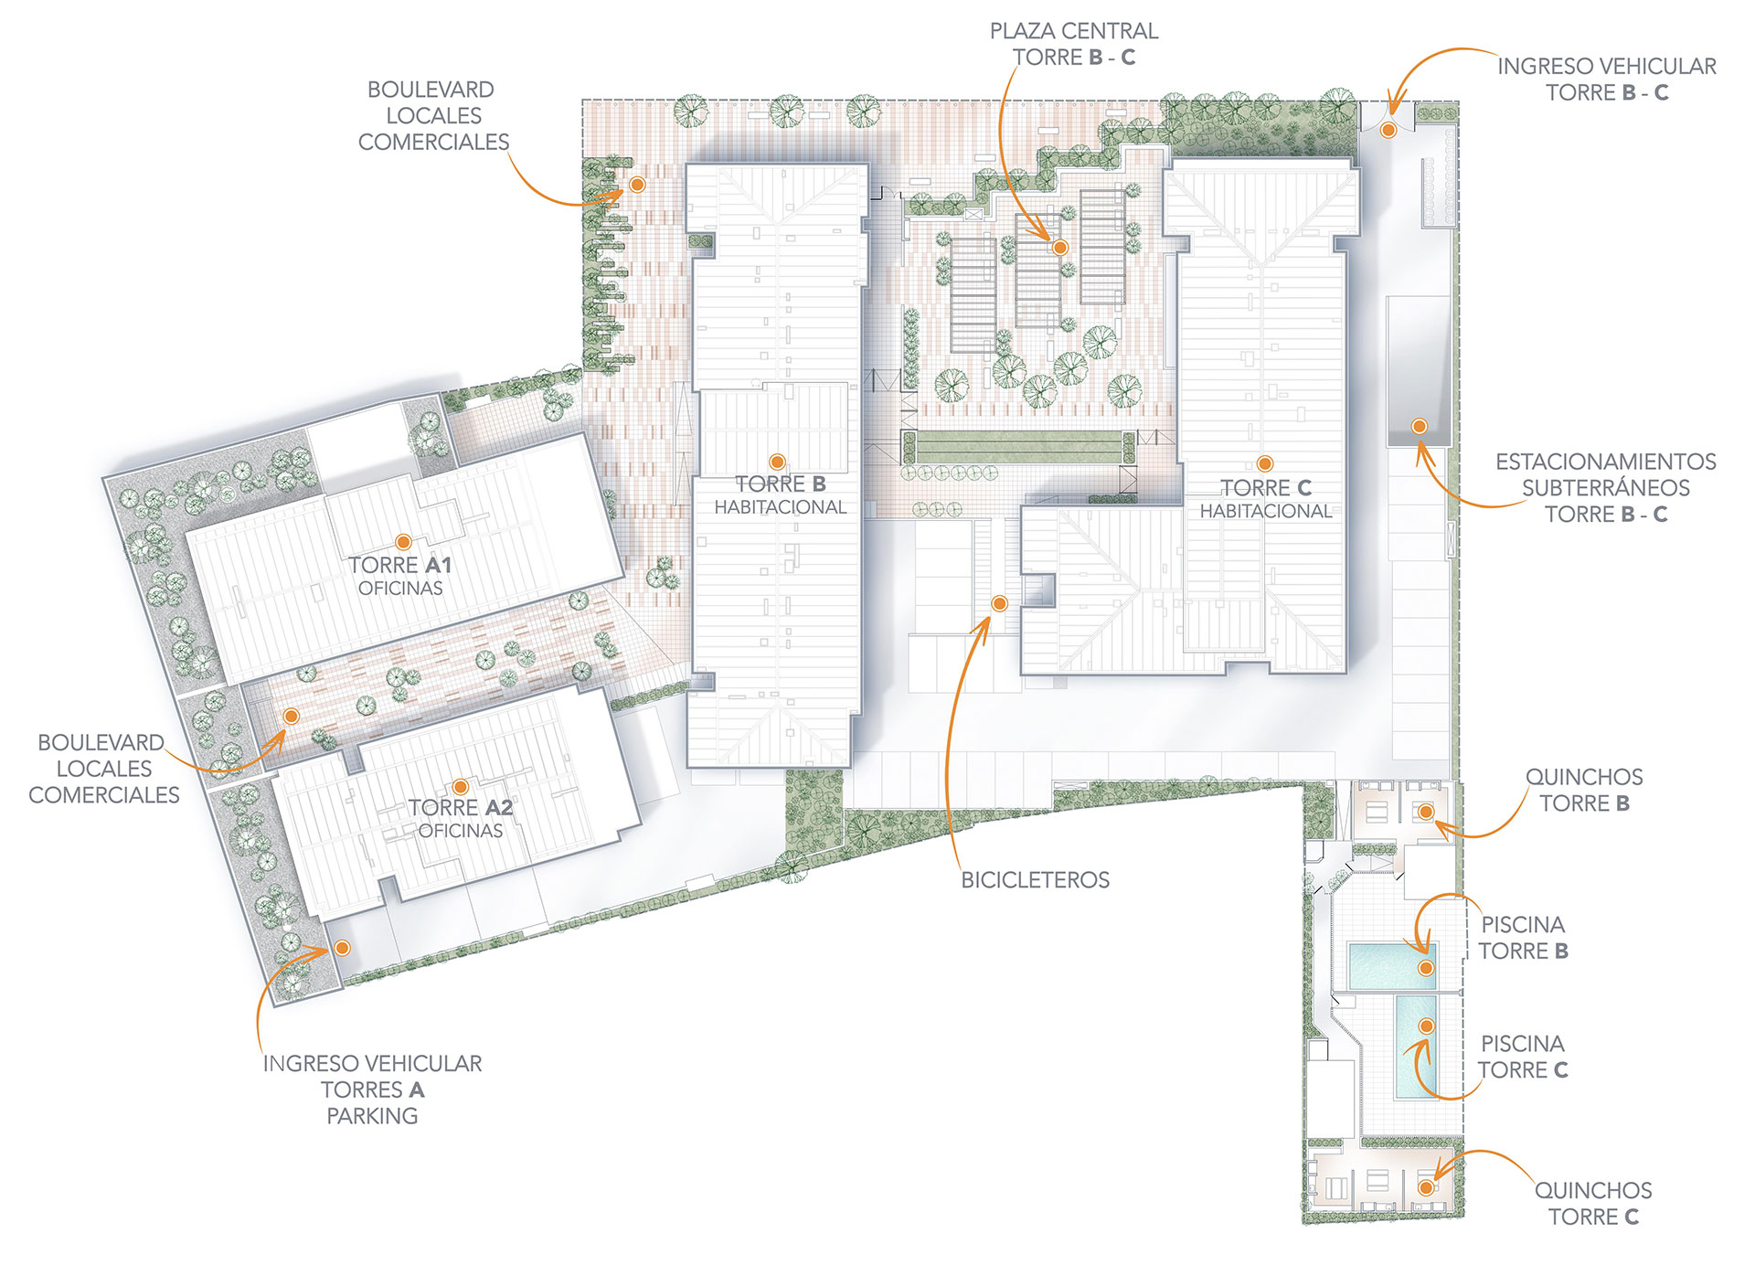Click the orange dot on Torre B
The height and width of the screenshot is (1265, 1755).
click(x=777, y=462)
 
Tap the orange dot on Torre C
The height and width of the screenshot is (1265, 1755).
click(x=1265, y=463)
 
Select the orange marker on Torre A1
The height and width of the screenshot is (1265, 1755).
click(x=403, y=542)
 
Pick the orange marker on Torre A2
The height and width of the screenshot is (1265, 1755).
click(x=461, y=787)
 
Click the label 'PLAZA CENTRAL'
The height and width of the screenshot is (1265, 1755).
click(x=1074, y=31)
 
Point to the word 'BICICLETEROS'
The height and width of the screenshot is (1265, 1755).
click(x=1035, y=880)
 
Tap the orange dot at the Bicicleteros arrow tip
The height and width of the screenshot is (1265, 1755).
click(x=1000, y=603)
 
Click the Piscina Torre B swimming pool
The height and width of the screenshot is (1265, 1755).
click(x=1392, y=966)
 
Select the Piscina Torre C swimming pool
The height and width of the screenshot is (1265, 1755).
click(x=1415, y=1047)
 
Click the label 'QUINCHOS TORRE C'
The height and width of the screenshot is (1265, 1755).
click(x=1593, y=1204)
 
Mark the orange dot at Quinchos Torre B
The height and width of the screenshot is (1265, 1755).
click(x=1426, y=812)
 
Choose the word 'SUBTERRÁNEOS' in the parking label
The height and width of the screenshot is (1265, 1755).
click(x=1605, y=488)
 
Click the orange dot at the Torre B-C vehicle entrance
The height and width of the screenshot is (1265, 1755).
click(x=1388, y=131)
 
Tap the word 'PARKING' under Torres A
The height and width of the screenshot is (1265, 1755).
click(x=372, y=1116)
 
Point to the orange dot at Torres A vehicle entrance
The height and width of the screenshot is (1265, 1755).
click(x=342, y=948)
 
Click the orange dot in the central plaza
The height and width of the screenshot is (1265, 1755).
click(x=1060, y=248)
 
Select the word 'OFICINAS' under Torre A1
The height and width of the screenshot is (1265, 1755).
click(x=400, y=589)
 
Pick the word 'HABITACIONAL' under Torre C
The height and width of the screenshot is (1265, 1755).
click(x=1266, y=512)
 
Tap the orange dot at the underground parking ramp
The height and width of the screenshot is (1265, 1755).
click(x=1420, y=426)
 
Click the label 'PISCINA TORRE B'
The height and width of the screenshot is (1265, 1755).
click(x=1523, y=938)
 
